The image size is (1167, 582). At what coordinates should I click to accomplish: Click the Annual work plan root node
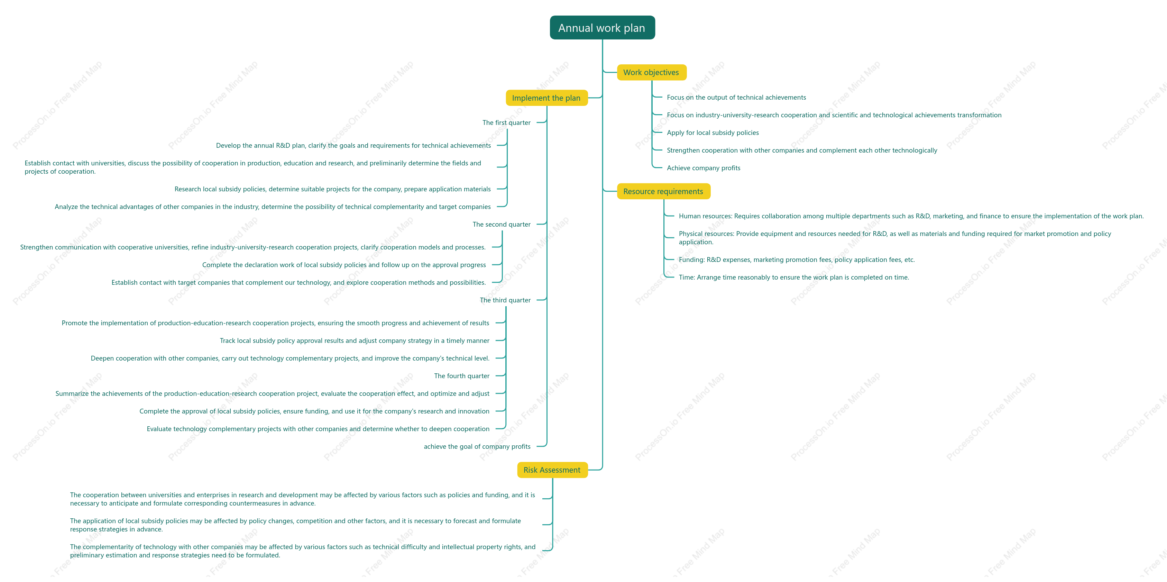602,28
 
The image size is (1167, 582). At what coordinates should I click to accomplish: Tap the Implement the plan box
546,98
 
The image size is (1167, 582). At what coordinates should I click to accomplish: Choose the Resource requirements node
663,191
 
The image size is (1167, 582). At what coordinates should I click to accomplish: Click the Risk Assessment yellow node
552,470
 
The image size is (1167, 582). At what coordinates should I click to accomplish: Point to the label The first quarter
506,123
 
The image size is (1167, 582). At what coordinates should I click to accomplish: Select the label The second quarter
502,224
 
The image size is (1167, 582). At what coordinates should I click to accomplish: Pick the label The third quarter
505,300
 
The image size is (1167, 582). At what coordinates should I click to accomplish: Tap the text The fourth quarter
462,376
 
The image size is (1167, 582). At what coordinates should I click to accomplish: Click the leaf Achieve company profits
704,168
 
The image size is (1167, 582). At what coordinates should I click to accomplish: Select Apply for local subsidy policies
713,133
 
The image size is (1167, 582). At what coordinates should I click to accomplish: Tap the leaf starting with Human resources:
911,216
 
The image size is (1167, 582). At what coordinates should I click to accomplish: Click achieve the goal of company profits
477,446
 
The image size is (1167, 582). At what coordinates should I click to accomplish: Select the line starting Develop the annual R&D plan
353,145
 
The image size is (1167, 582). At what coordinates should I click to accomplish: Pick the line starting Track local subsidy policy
354,341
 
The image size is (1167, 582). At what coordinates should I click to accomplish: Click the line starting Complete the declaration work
344,265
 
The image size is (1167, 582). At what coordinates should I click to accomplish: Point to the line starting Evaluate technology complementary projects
318,429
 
